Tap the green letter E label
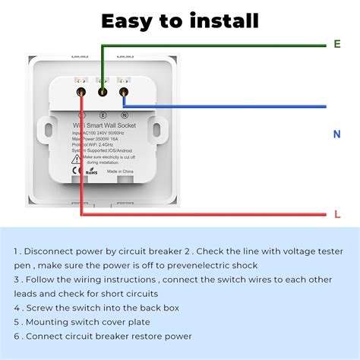(x=337, y=44)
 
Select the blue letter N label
(x=336, y=134)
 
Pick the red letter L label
(x=337, y=215)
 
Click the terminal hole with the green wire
(x=102, y=91)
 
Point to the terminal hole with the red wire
(x=81, y=92)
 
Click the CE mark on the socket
(x=77, y=172)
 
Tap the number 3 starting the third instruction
(x=16, y=279)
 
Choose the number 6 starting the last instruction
(x=17, y=336)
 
